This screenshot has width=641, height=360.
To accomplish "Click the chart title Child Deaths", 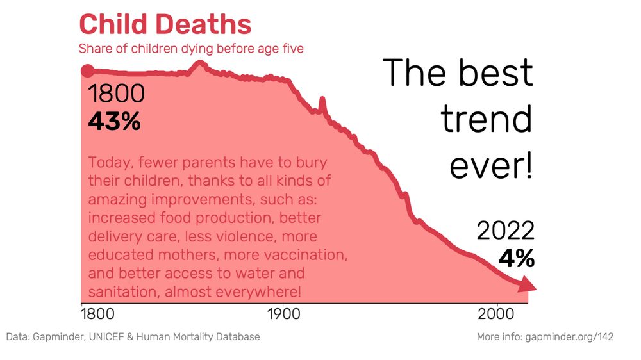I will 165,24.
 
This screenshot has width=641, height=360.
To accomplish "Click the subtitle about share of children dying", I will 191,49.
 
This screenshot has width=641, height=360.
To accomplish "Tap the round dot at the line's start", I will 87,71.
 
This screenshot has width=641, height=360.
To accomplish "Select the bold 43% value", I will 114,121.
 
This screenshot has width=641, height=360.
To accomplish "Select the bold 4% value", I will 516,258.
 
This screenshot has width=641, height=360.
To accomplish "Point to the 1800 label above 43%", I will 116,94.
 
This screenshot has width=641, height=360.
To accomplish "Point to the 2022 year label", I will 505,231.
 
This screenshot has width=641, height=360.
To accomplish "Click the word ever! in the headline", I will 490,165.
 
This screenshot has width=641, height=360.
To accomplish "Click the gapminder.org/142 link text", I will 569,337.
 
